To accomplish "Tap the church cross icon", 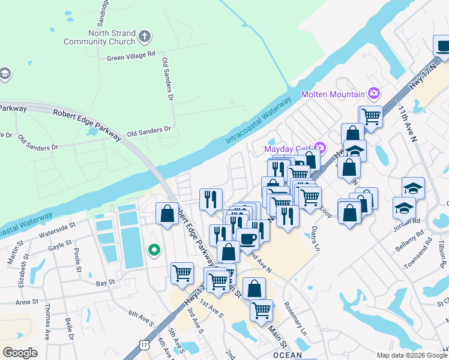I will click(144, 37).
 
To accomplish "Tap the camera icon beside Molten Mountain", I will click(375, 93).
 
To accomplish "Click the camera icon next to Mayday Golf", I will click(321, 148).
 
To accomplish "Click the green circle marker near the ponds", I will click(154, 250).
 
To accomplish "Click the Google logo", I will click(20, 352).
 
